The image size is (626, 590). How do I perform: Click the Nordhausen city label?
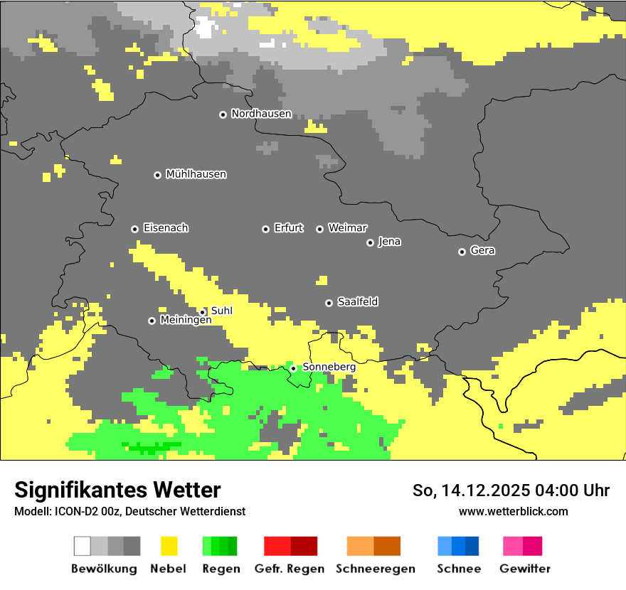[x=261, y=114]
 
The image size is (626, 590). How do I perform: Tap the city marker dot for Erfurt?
[x=265, y=229]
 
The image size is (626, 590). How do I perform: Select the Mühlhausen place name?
[x=196, y=174]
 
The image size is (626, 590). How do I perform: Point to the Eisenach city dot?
[x=134, y=229]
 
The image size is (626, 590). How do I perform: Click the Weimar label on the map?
[x=347, y=228]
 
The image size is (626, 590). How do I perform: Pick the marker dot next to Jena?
[x=370, y=242]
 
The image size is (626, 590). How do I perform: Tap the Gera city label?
[x=482, y=251]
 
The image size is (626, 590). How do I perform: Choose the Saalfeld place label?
[x=357, y=302]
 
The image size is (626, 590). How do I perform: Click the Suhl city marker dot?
[x=202, y=312]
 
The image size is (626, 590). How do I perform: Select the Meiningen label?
[x=186, y=321]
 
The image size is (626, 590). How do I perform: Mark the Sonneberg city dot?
[x=293, y=368]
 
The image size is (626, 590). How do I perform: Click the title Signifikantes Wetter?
[x=117, y=490]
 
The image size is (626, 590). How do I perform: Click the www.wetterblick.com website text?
[x=513, y=512]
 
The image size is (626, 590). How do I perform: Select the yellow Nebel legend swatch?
[x=169, y=546]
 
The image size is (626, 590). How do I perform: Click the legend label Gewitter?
[x=524, y=569]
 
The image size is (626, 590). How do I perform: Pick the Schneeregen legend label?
[x=375, y=569]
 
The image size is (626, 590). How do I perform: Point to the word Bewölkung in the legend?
[x=104, y=569]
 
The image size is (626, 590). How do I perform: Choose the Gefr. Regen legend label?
[x=289, y=569]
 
